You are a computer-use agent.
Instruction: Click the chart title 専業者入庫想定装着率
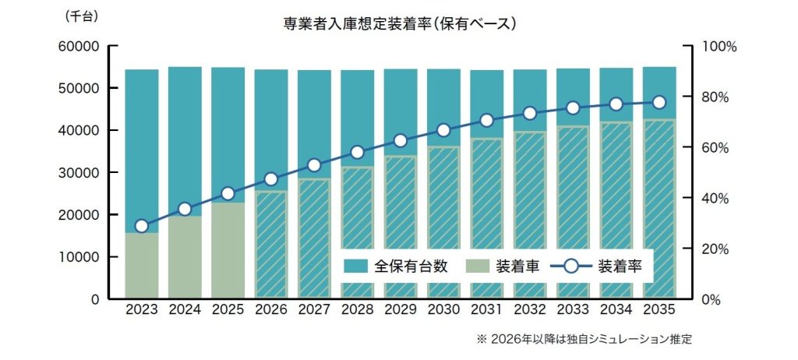398,24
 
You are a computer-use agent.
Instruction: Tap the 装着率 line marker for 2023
141,226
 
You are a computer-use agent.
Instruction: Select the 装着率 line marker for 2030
443,130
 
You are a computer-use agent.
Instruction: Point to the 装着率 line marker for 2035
659,102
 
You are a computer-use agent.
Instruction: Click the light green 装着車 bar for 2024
185,257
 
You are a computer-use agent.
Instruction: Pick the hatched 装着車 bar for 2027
314,238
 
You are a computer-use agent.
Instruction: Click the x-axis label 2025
228,309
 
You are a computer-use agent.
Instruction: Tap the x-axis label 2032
530,309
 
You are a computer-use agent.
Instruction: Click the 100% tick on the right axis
719,47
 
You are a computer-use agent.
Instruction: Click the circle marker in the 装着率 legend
570,266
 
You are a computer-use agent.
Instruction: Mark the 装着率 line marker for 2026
271,179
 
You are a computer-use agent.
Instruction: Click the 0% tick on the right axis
712,300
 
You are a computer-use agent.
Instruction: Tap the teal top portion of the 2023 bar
141,148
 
